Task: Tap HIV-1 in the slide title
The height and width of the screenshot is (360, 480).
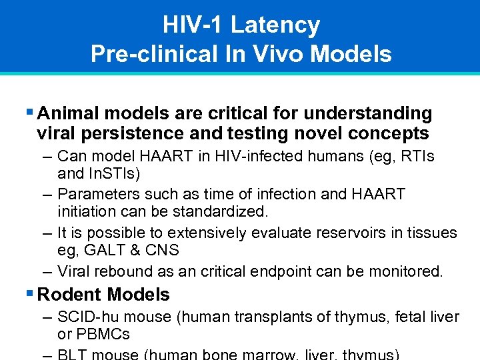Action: click(194, 25)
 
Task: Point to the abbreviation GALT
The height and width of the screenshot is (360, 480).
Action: click(103, 251)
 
